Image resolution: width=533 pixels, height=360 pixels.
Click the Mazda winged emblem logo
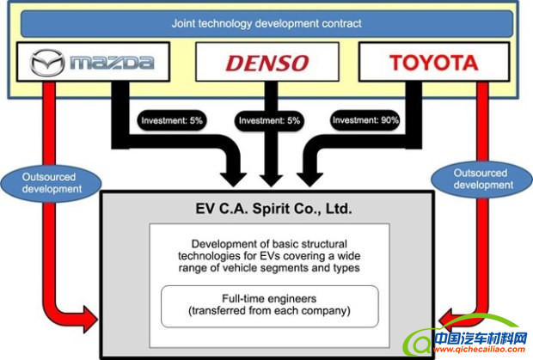(x=46, y=63)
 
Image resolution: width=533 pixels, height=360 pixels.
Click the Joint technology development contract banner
(x=266, y=22)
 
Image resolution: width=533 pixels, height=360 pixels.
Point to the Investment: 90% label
(x=366, y=121)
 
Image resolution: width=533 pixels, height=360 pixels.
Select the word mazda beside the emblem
(x=113, y=63)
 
